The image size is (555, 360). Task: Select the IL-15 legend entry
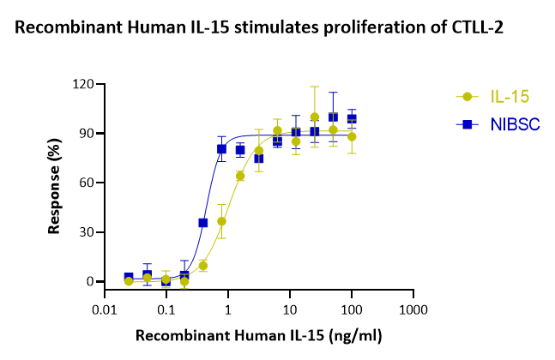[x=497, y=97]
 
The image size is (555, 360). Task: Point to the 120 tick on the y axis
[x=82, y=84]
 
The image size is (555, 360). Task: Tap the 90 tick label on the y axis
[x=86, y=134]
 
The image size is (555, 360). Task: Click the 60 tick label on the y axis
[x=86, y=183]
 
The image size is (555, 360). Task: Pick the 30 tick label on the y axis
[x=86, y=232]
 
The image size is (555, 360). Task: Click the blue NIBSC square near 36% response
[x=203, y=223]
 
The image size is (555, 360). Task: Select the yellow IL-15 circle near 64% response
[x=240, y=176]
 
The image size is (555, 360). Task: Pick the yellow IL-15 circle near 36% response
[x=221, y=221]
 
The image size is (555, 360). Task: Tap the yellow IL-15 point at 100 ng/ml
[x=352, y=136]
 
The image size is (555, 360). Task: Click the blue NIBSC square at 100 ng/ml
[x=352, y=118]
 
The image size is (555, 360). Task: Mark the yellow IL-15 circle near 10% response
[x=203, y=266]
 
